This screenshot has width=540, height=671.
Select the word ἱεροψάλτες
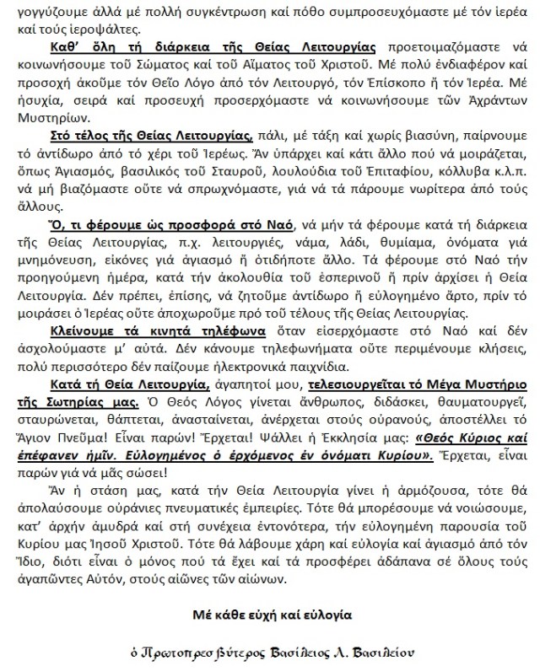pyautogui.click(x=92, y=24)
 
